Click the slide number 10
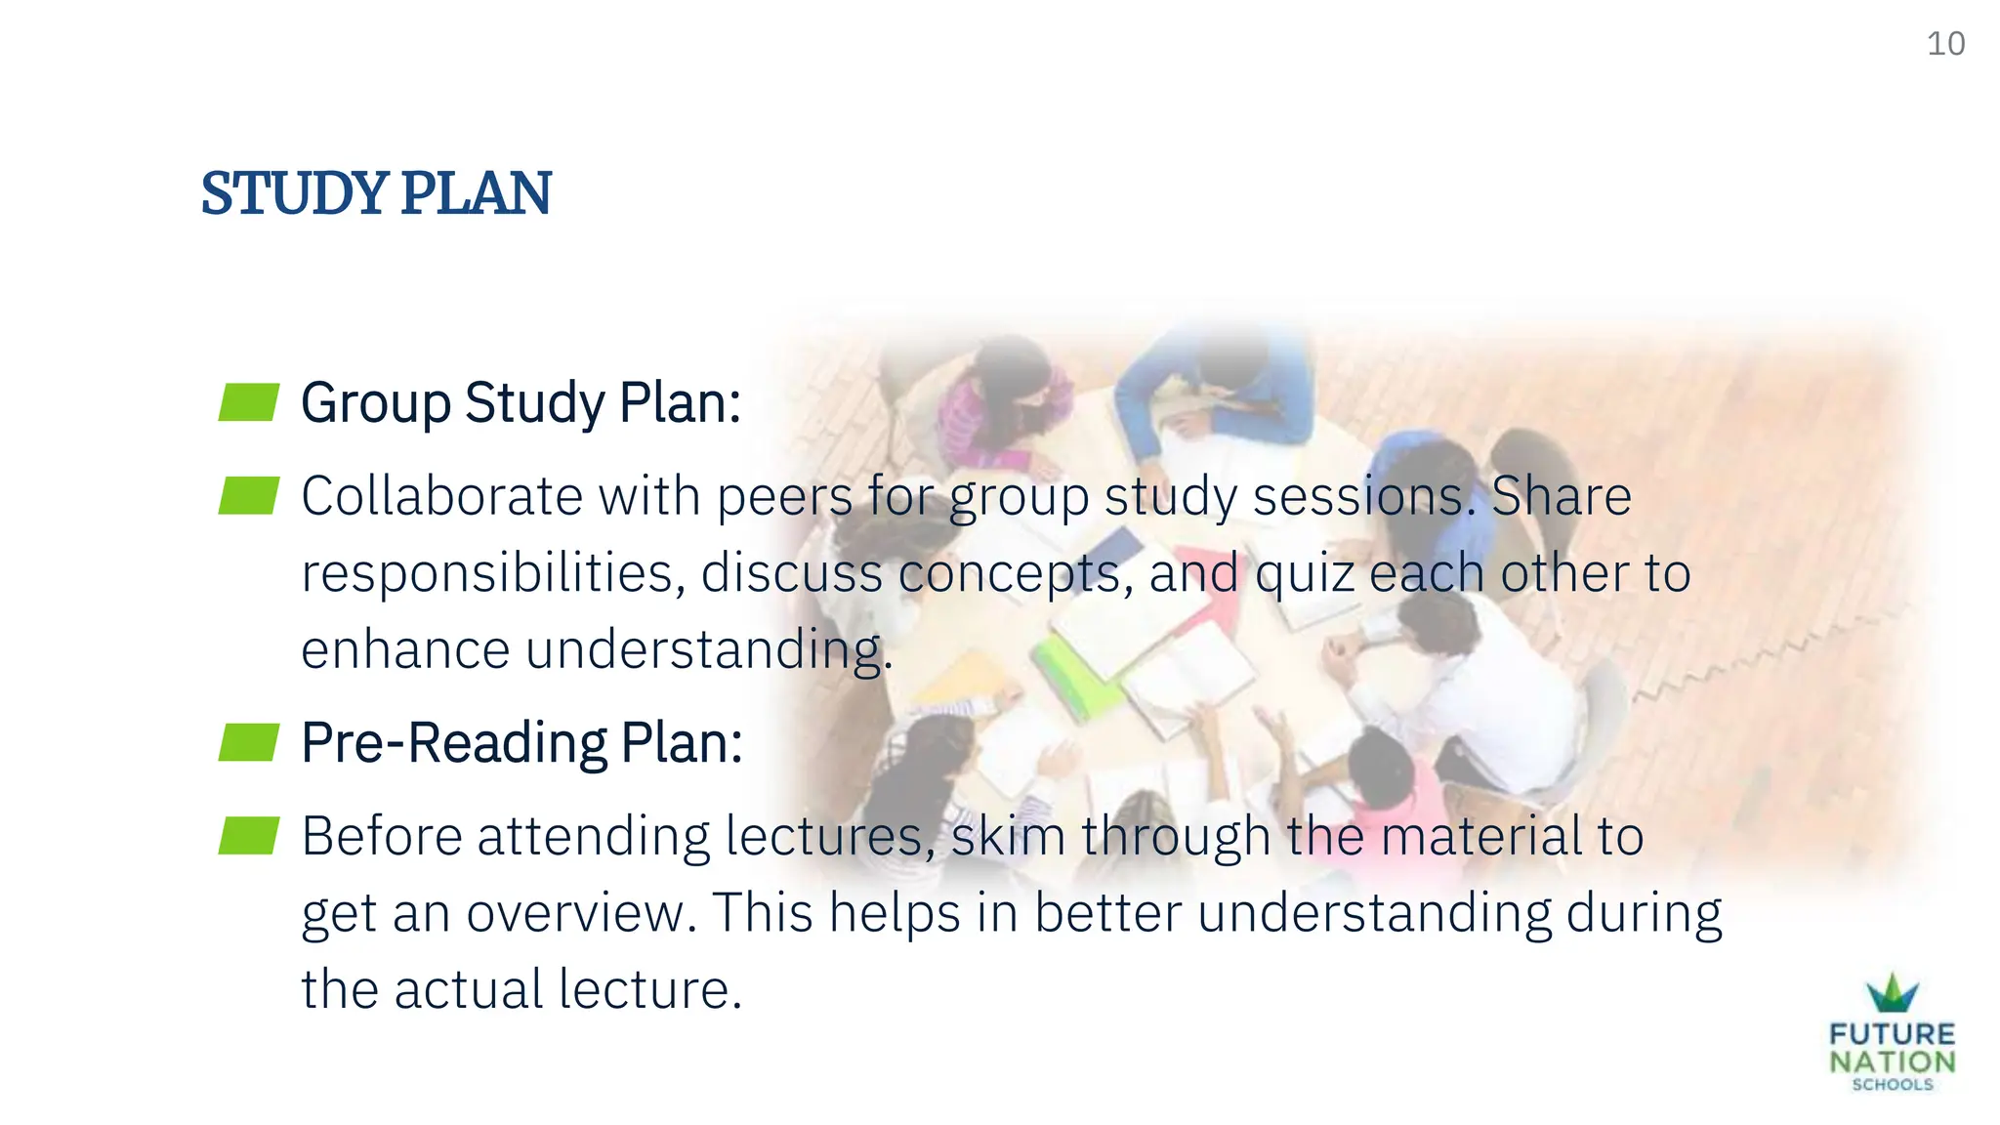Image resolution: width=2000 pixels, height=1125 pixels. point(1945,44)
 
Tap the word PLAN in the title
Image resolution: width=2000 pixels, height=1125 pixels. point(476,193)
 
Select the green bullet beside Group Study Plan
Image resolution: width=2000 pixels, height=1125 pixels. point(249,402)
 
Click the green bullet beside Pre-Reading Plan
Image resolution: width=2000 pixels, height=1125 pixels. point(249,742)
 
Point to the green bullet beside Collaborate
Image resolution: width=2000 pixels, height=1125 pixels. point(249,496)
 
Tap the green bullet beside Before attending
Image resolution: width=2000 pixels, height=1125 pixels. point(249,836)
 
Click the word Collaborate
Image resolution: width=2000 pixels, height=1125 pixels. point(441,496)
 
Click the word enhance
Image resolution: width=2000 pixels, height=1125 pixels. point(404,650)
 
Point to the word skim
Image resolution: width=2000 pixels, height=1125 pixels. point(1007,836)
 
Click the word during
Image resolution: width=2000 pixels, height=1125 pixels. point(1645,914)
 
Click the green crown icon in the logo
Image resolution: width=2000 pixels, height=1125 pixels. point(1893,994)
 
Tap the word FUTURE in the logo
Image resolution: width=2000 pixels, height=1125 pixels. point(1893,1034)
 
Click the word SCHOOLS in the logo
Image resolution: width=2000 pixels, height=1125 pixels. point(1893,1085)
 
